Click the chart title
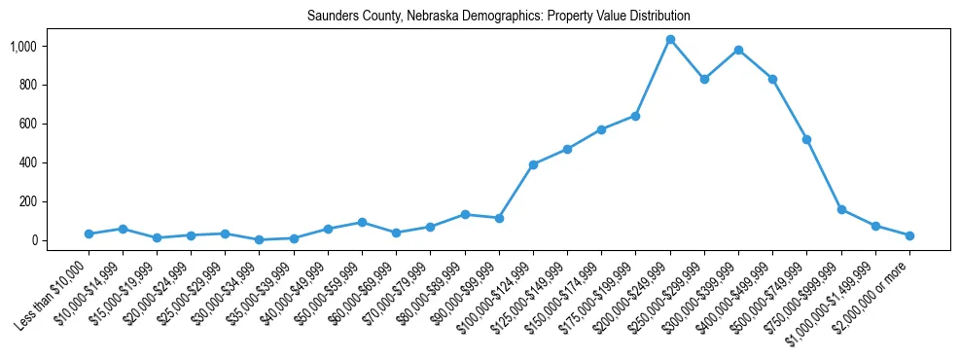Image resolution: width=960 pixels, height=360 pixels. [499, 17]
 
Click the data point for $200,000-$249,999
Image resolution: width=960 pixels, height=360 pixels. [670, 40]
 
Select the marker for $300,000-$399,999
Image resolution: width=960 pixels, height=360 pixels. [739, 50]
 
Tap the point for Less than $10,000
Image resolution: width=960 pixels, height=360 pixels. [89, 234]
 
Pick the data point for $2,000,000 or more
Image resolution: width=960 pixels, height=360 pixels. [910, 235]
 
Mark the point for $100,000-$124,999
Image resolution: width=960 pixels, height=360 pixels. [533, 164]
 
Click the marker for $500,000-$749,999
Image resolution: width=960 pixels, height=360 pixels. [807, 139]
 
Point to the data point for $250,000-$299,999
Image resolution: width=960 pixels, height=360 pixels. [704, 79]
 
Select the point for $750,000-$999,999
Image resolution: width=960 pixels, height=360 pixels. [841, 209]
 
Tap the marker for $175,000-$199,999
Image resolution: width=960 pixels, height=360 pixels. [636, 116]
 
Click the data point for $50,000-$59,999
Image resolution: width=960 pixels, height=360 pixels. [362, 222]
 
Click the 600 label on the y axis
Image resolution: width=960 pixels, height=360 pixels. [27, 124]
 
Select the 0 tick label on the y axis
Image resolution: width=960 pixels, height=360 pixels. [34, 240]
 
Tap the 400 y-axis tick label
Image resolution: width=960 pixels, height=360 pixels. [27, 162]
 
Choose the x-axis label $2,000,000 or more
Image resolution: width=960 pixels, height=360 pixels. [875, 288]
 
